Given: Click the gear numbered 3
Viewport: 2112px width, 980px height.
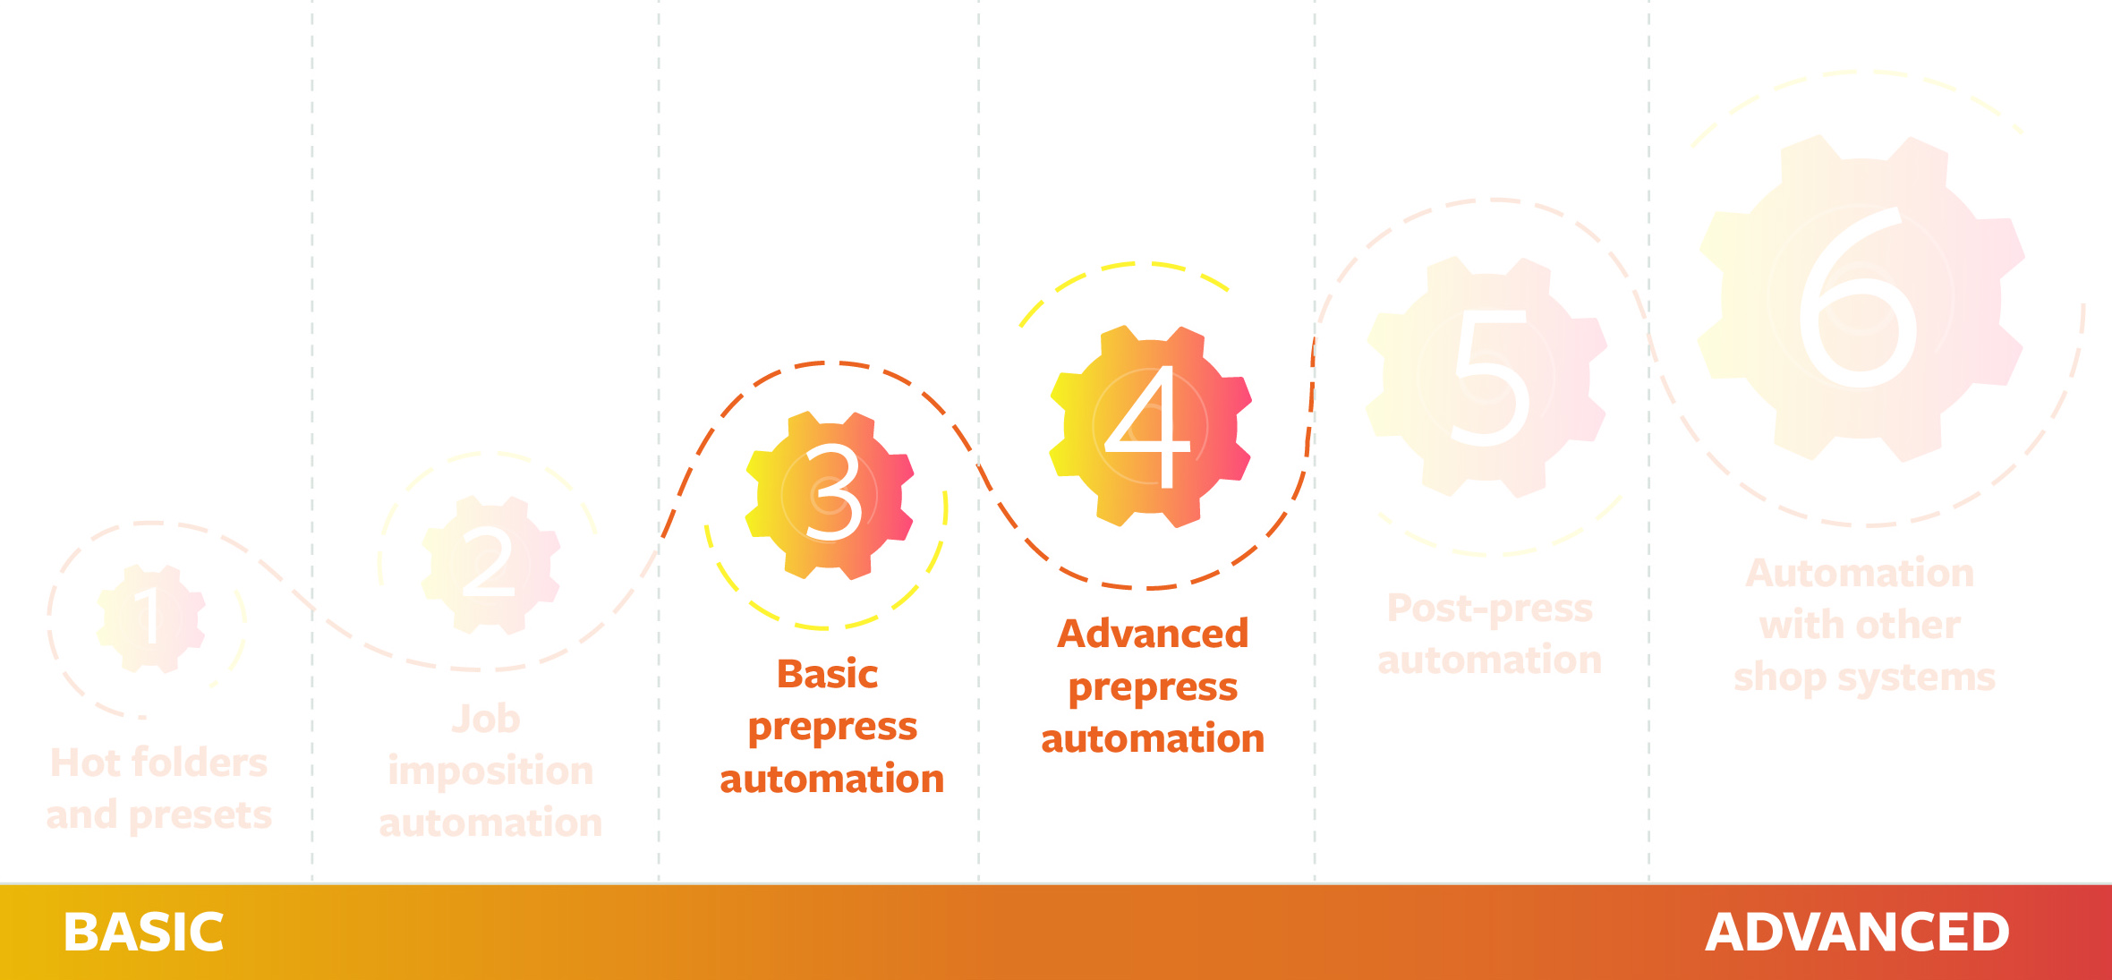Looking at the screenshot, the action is (830, 496).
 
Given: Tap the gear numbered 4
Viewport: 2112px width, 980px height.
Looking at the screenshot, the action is (1151, 427).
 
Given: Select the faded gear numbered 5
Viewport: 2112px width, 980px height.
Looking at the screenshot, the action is (1486, 377).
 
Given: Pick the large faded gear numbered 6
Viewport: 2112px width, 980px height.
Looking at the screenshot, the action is (1861, 298).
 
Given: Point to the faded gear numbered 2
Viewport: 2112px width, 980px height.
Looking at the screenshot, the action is (491, 566).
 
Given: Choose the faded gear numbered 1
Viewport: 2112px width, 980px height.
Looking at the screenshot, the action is (151, 618).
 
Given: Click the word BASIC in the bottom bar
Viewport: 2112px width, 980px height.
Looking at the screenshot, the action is (143, 933).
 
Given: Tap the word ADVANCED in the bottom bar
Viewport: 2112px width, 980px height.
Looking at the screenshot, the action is (1858, 933).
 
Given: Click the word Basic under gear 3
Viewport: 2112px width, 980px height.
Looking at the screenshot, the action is (828, 674).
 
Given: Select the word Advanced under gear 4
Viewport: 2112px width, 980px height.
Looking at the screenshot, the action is (1153, 634).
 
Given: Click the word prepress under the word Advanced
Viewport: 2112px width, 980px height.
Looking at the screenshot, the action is (1153, 687).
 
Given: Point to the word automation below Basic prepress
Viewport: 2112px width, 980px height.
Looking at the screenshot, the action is (832, 779).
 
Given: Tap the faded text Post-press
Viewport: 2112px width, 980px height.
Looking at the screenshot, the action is (1490, 609).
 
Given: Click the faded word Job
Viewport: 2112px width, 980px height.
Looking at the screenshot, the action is (486, 719).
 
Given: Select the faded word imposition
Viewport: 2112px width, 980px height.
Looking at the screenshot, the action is (490, 771).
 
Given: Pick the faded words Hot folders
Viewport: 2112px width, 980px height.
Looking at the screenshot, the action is (159, 763).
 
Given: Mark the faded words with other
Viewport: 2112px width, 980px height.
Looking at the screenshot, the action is (1861, 625).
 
